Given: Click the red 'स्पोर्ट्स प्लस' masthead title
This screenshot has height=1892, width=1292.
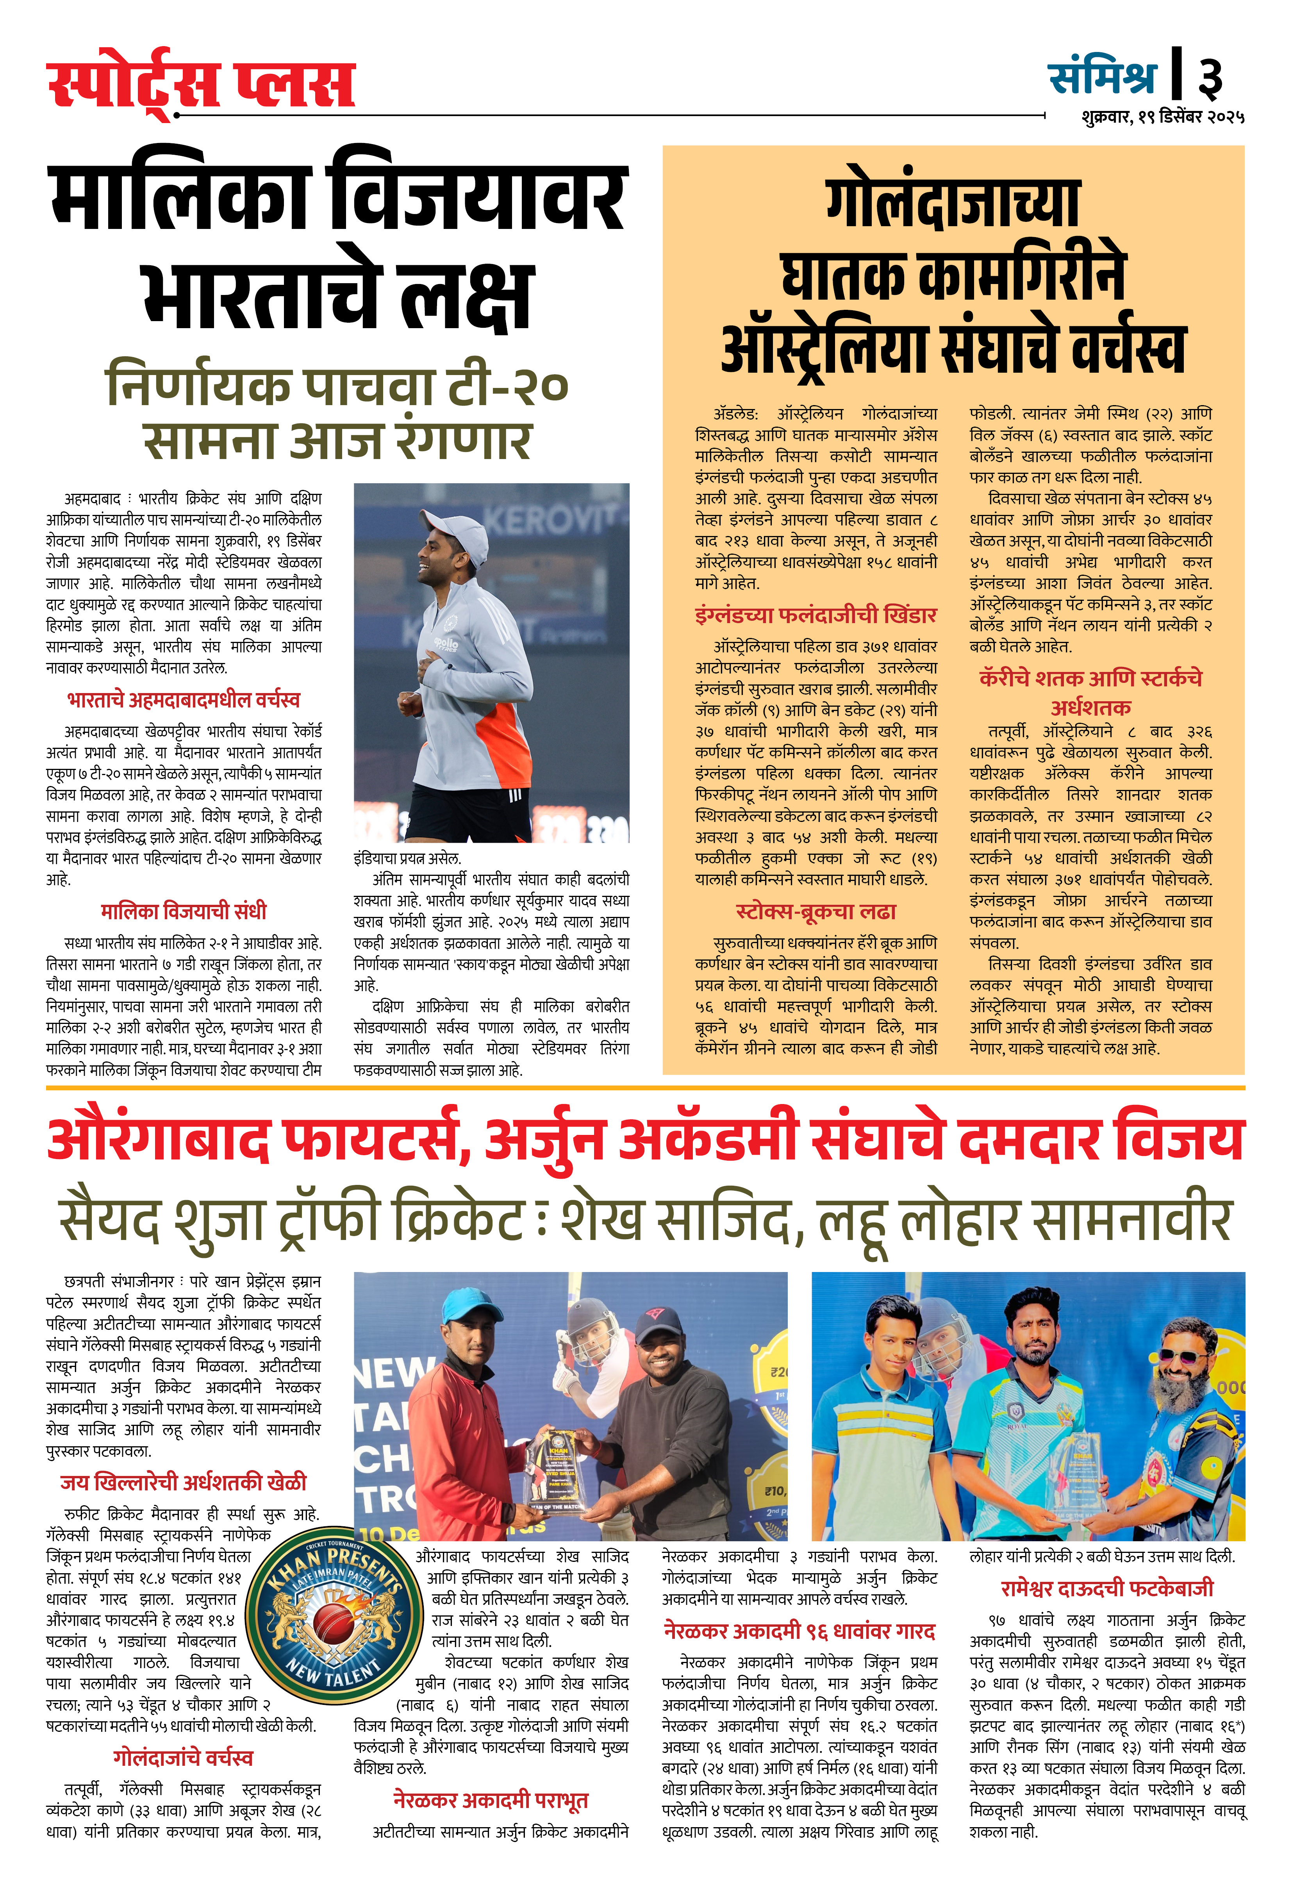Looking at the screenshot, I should pos(201,84).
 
